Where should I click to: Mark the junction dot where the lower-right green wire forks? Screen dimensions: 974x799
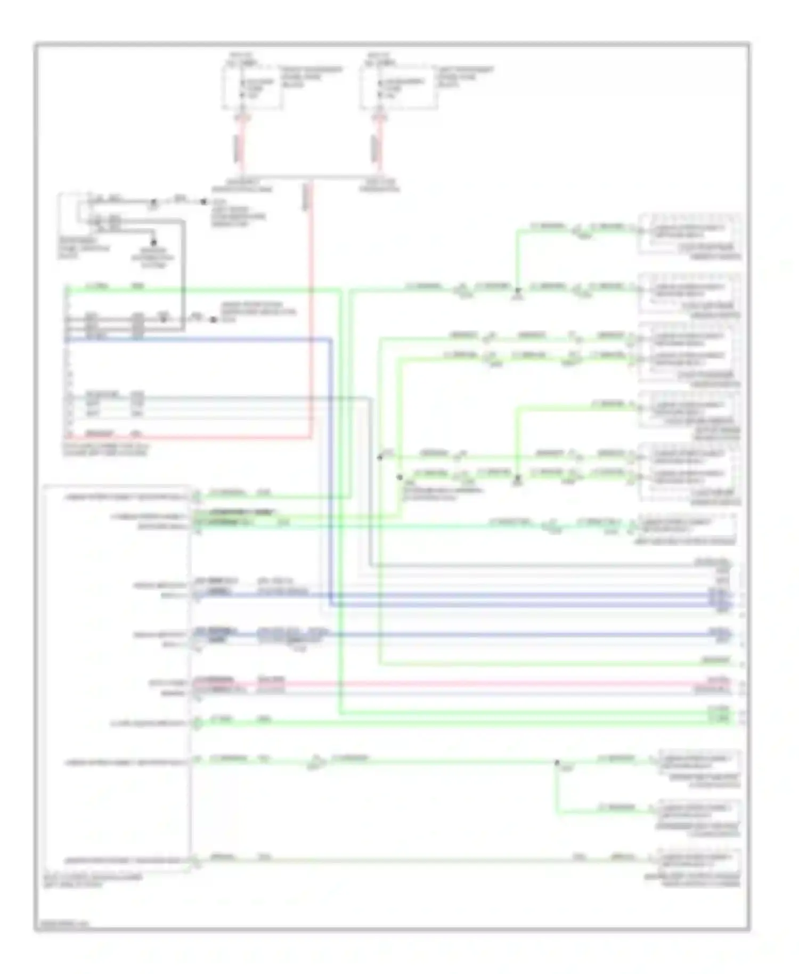coord(557,762)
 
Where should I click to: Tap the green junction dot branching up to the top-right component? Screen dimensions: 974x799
coord(517,290)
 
